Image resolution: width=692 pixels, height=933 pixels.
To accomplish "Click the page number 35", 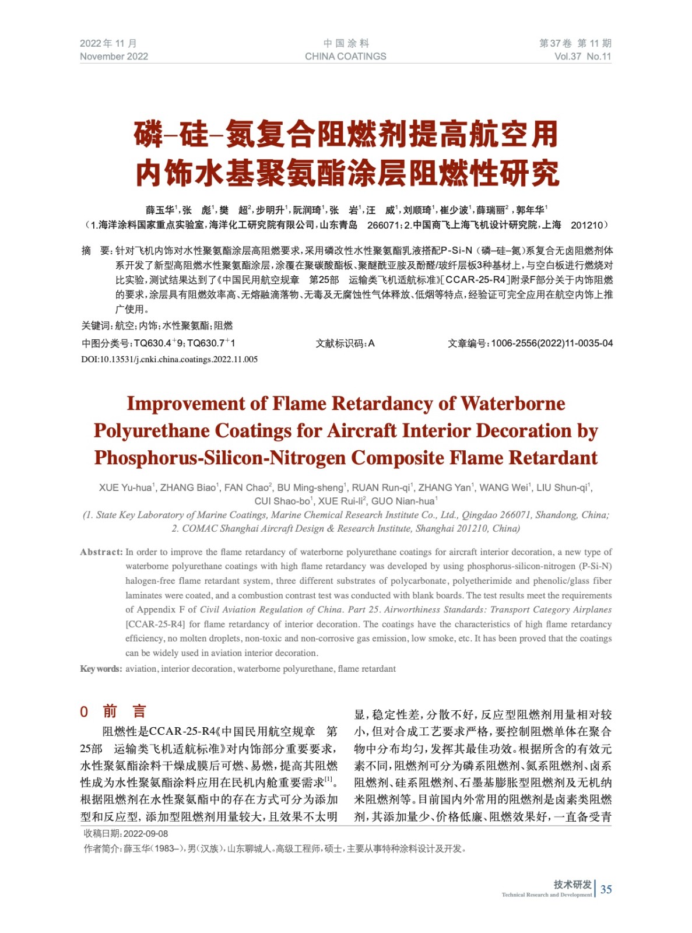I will tap(606, 889).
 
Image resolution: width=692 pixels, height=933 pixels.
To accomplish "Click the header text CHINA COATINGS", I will tap(345, 57).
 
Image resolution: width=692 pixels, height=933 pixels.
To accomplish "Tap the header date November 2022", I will tap(114, 57).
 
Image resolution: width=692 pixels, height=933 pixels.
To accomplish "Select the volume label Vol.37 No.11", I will tap(582, 57).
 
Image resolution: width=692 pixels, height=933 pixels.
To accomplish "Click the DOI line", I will tap(169, 359).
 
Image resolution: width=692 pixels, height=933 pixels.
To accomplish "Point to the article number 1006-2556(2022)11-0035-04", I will tap(552, 343).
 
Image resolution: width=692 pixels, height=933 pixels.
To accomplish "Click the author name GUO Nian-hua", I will tap(403, 501).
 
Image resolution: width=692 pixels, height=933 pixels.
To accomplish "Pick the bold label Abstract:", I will tap(101, 552).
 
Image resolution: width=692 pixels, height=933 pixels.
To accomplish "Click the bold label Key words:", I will tap(101, 669).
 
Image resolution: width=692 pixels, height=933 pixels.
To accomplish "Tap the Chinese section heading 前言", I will tap(124, 711).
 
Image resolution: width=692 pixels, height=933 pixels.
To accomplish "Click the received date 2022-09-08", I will tap(146, 834).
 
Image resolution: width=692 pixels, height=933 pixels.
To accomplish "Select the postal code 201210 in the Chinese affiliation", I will tap(586, 225).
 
